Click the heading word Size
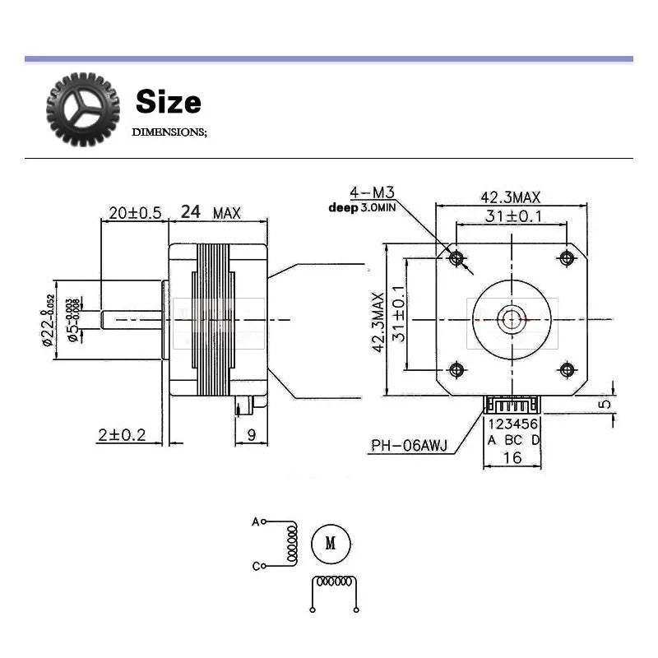168,102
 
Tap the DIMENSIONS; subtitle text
169,132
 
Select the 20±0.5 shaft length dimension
134,212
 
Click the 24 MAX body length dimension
210,212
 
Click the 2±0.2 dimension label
121,435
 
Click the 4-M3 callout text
372,193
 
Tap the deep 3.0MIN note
363,207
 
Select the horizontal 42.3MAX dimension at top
510,197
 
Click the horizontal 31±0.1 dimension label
511,216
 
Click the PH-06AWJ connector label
409,447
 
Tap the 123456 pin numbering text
513,424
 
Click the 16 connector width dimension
512,457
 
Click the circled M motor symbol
331,544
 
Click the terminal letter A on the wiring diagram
254,521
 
